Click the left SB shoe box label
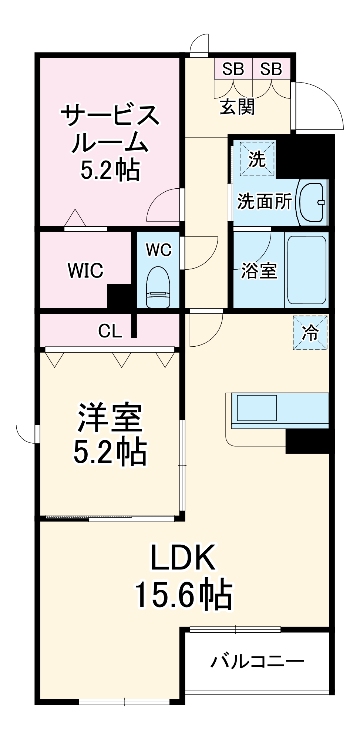click(233, 69)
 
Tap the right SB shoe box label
click(271, 69)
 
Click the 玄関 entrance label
click(237, 107)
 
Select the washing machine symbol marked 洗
click(257, 158)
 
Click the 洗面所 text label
click(264, 201)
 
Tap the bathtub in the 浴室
click(307, 269)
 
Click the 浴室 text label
click(259, 270)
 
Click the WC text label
click(159, 250)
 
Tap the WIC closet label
click(85, 270)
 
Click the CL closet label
click(110, 331)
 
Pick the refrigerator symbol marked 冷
click(310, 332)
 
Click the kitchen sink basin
click(257, 408)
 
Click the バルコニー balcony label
click(257, 661)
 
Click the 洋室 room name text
click(110, 418)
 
